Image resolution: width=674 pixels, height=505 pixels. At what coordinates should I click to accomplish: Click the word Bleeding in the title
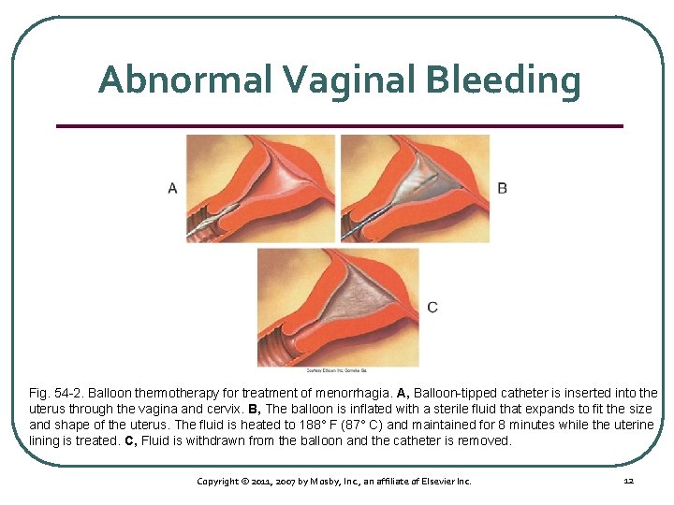(503, 79)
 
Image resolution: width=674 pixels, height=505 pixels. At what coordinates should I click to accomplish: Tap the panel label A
(172, 188)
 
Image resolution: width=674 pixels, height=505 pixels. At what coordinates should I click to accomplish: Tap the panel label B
(503, 188)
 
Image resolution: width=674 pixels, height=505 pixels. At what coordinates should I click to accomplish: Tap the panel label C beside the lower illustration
(432, 307)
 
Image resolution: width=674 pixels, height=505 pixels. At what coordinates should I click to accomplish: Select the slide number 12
(628, 481)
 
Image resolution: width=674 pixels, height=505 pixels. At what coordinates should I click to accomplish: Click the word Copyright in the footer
(219, 481)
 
